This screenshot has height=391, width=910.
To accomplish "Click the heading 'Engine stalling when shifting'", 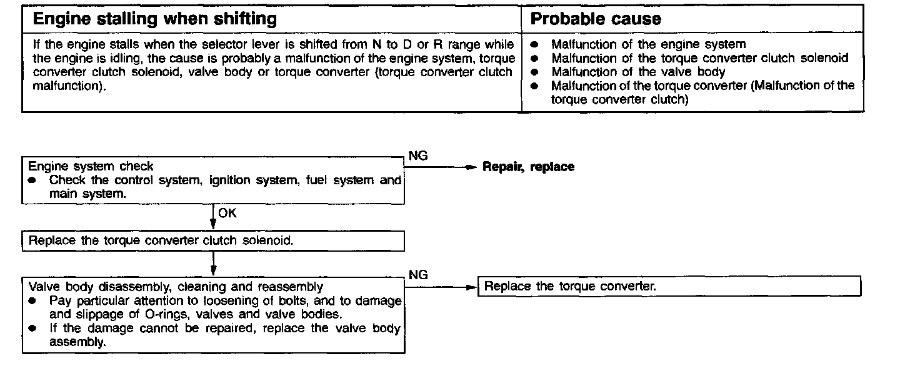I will pyautogui.click(x=154, y=19).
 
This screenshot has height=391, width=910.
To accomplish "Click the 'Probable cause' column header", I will pyautogui.click(x=595, y=19).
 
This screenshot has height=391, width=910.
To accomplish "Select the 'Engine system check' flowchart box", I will pyautogui.click(x=213, y=181).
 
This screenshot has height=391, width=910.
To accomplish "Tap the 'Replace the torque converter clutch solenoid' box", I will pyautogui.click(x=213, y=241).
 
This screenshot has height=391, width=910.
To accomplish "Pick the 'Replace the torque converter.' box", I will pyautogui.click(x=669, y=287).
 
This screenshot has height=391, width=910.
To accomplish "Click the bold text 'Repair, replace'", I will pyautogui.click(x=528, y=167).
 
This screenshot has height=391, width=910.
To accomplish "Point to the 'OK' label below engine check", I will pyautogui.click(x=227, y=214).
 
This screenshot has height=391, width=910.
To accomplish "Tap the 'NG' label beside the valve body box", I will pyautogui.click(x=417, y=275).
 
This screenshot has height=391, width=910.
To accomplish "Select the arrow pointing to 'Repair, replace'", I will pyautogui.click(x=441, y=167).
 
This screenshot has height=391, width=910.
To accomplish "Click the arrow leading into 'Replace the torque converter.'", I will pyautogui.click(x=441, y=287).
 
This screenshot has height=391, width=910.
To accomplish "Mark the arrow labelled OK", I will pyautogui.click(x=213, y=218).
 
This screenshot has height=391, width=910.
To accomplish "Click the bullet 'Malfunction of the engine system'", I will pyautogui.click(x=648, y=44).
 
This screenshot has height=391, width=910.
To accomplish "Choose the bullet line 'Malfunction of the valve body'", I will pyautogui.click(x=638, y=72).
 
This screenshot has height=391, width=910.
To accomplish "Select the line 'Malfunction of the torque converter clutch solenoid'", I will pyautogui.click(x=699, y=58).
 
